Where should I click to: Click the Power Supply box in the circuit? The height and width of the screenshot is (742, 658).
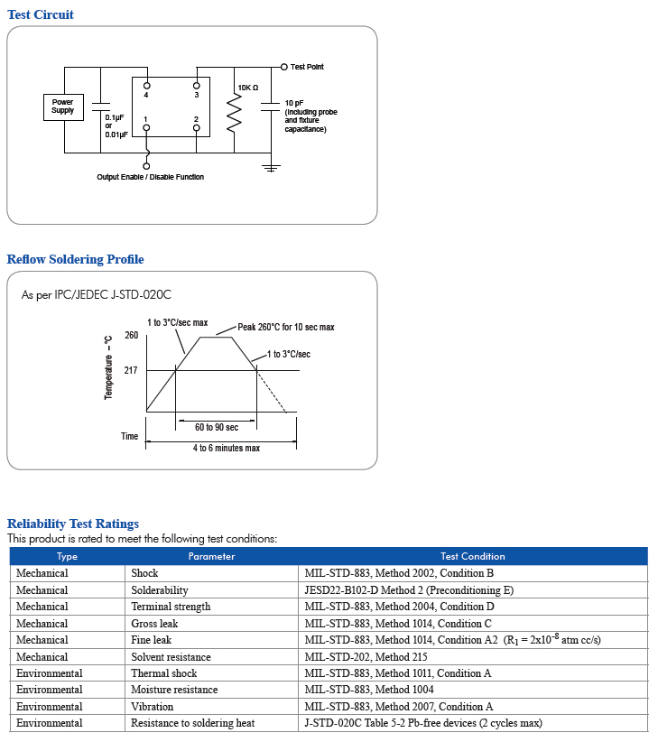[62, 107]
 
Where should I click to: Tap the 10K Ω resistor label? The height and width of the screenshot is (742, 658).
[248, 88]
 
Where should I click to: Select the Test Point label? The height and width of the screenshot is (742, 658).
[307, 67]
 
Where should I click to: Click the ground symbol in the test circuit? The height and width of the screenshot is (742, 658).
[270, 167]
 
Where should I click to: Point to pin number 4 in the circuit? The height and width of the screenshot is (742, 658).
[146, 94]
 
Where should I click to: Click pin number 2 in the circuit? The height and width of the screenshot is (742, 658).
[196, 119]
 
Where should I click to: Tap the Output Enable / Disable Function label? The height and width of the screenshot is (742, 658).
[151, 177]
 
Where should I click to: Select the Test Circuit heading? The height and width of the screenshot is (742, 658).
[41, 14]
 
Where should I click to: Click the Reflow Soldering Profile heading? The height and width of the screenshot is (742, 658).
[76, 260]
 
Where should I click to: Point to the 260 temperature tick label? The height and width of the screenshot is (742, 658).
[132, 336]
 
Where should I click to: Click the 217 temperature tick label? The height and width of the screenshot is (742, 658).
[132, 370]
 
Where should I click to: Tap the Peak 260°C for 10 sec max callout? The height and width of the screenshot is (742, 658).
[286, 327]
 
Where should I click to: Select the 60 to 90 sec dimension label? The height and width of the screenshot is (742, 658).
[217, 427]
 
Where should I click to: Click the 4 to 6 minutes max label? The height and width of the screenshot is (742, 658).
[226, 448]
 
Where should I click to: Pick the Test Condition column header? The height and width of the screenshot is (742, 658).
[472, 556]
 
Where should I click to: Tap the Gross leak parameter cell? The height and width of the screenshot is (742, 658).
[154, 624]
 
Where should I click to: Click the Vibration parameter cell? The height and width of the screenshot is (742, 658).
[152, 707]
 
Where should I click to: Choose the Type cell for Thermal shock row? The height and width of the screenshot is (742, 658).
[49, 673]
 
